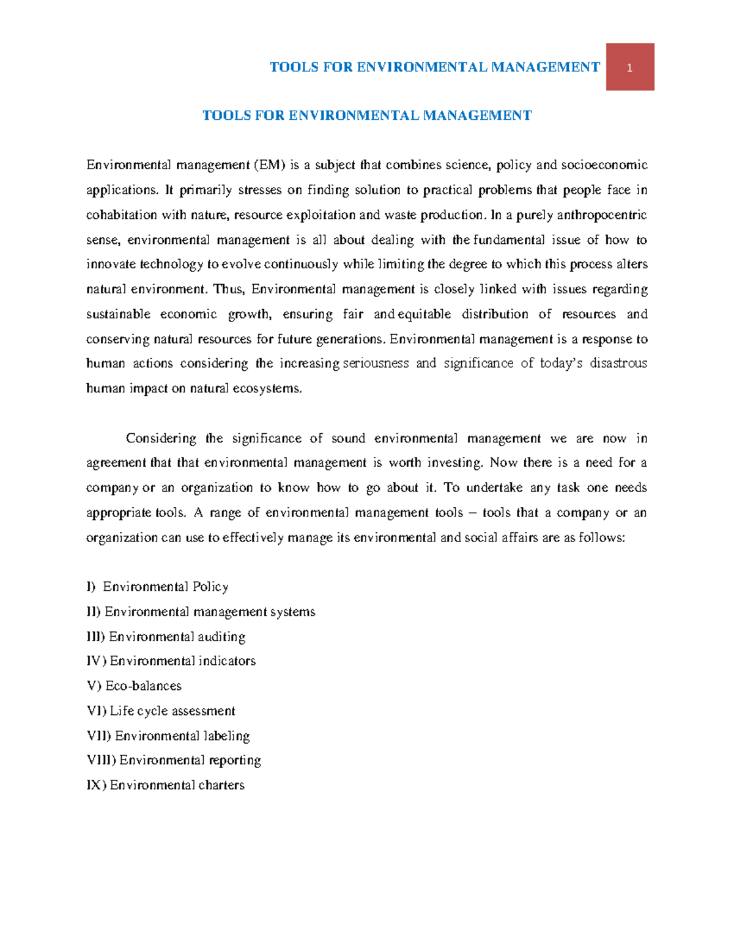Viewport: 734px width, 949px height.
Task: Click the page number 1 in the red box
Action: pos(629,68)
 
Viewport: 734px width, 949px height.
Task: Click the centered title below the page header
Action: pos(367,115)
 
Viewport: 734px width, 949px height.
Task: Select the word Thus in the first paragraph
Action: pos(227,289)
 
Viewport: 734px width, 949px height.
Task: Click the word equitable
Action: pos(424,314)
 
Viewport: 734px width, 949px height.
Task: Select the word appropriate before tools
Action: pos(119,513)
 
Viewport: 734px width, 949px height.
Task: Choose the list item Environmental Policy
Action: pos(166,587)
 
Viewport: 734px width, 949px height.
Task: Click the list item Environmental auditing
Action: pos(177,637)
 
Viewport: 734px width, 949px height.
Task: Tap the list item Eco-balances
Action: pos(144,686)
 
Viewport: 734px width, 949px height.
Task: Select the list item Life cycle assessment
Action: pos(172,711)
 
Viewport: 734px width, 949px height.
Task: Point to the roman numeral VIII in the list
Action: pos(100,761)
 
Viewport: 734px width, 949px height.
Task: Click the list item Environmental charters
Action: pos(177,785)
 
